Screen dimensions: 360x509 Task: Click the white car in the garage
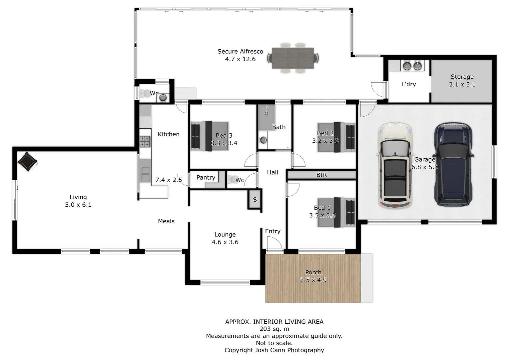pyautogui.click(x=395, y=165)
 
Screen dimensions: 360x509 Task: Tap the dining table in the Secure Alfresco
pyautogui.click(x=293, y=58)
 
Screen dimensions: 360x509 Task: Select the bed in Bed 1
pyautogui.click(x=336, y=213)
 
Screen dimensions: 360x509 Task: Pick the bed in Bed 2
pyautogui.click(x=336, y=137)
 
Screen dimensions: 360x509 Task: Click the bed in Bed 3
pyautogui.click(x=209, y=136)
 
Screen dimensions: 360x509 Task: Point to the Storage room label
pyautogui.click(x=462, y=77)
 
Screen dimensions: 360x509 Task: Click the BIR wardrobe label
pyautogui.click(x=321, y=175)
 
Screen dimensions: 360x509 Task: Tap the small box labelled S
pyautogui.click(x=255, y=200)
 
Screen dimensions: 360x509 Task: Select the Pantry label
pyautogui.click(x=206, y=178)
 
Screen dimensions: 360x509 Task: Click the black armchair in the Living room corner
pyautogui.click(x=27, y=162)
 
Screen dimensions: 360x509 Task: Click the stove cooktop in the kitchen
pyautogui.click(x=145, y=142)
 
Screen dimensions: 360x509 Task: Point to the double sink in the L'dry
pyautogui.click(x=412, y=66)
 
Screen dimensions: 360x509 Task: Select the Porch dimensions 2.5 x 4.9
pyautogui.click(x=313, y=280)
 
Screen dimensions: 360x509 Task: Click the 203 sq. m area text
pyautogui.click(x=274, y=329)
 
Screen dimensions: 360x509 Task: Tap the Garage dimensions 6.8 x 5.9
pyautogui.click(x=424, y=167)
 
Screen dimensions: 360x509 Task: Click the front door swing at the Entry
pyautogui.click(x=274, y=245)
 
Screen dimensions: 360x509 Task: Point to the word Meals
pyautogui.click(x=166, y=221)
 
